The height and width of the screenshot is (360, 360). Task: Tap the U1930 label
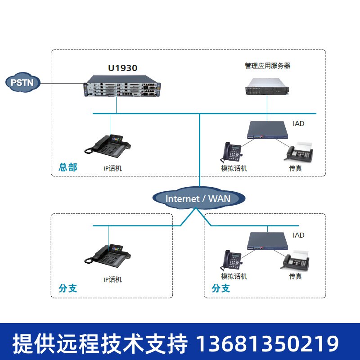tap(122, 68)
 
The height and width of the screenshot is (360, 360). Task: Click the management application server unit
tap(266, 85)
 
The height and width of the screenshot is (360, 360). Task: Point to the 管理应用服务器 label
tap(267, 66)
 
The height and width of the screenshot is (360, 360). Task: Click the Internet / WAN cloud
tap(198, 198)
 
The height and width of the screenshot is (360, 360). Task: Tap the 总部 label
tap(68, 167)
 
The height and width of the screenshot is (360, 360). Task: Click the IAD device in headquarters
tap(267, 131)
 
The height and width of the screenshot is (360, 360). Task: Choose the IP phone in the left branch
tap(109, 255)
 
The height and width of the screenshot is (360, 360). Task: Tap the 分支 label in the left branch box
tap(68, 288)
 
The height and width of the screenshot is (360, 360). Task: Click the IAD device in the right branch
tap(267, 242)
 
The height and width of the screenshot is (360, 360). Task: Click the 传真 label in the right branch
tap(295, 276)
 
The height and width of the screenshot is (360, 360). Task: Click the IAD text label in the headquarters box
tap(298, 123)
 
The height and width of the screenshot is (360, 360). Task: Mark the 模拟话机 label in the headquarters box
tap(234, 168)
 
